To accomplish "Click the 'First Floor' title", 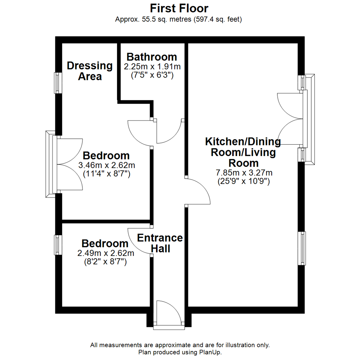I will coord(179,8).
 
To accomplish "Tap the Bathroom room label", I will coord(152,57).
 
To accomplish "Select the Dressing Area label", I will coord(90,71).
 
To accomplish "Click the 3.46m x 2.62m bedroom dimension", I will coord(106,165).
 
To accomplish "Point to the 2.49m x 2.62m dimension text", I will coord(106,253).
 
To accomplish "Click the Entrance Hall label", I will coord(160,243).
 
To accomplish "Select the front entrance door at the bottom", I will coord(169,317).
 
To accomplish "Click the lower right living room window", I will coord(302,248).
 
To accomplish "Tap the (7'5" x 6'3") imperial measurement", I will coord(152,75).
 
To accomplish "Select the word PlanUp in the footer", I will coord(211,352).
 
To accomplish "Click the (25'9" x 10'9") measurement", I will coord(244,182).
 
